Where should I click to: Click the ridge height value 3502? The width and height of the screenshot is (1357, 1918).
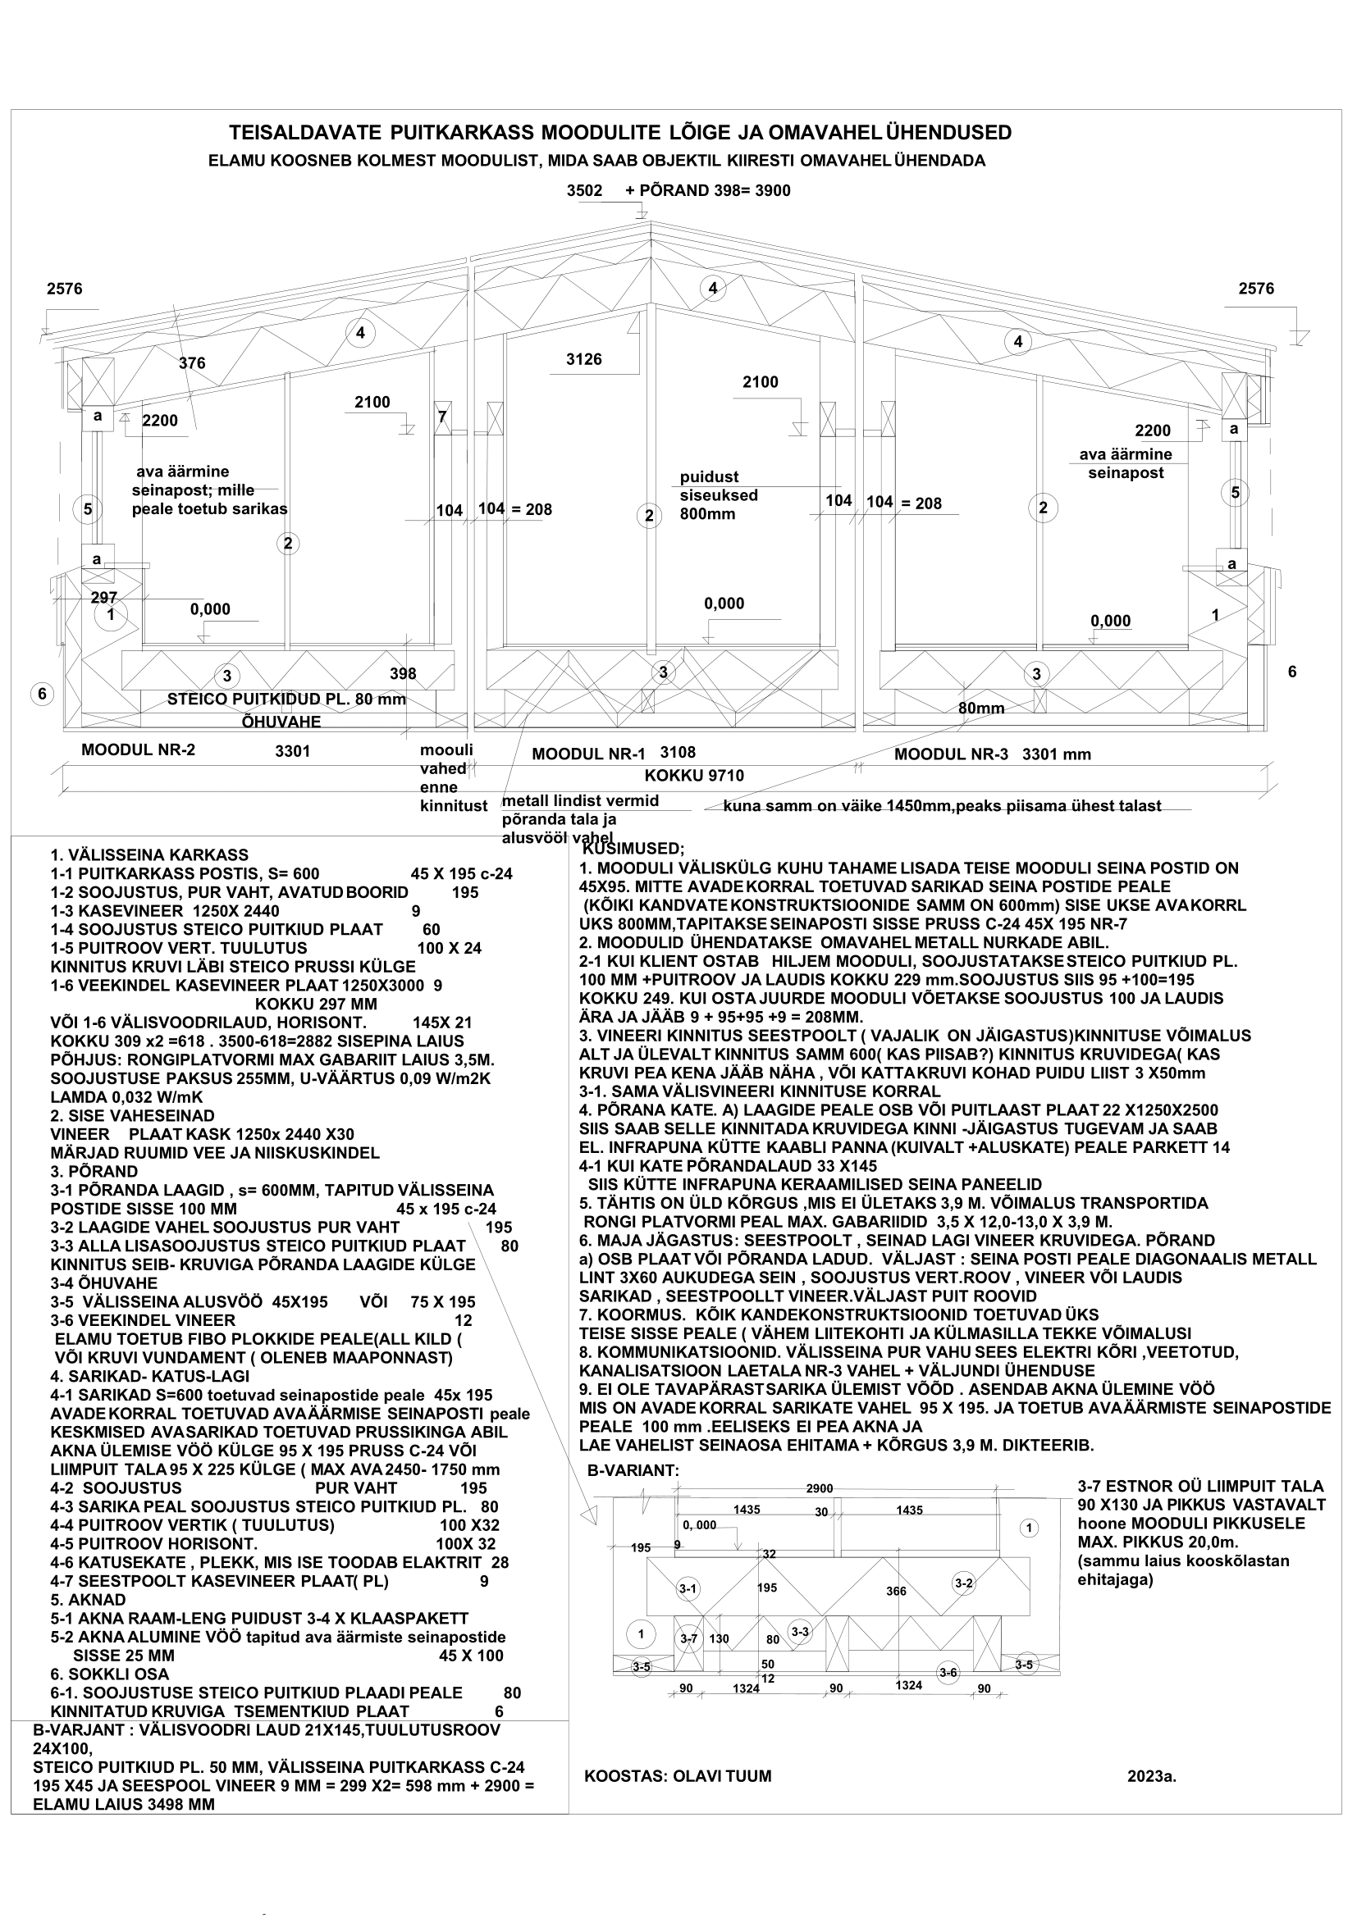584,190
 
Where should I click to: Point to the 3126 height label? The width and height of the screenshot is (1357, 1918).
583,359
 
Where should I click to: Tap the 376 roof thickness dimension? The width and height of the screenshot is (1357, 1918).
191,363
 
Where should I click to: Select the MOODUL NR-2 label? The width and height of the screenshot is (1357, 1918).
138,749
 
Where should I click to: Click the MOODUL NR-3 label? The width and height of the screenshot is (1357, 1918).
951,754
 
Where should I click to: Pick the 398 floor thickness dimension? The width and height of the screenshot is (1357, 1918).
403,673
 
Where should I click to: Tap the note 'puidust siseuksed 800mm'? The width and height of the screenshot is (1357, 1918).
719,495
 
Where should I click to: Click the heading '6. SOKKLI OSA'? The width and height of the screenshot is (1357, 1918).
109,1674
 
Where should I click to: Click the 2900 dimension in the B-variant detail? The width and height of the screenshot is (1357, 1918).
819,1488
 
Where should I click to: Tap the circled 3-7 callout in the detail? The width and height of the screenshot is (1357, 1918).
688,1639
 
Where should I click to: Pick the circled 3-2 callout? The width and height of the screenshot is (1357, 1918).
963,1582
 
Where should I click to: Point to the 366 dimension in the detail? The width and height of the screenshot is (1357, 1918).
896,1592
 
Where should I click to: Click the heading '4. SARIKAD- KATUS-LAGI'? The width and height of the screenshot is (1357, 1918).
149,1376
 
